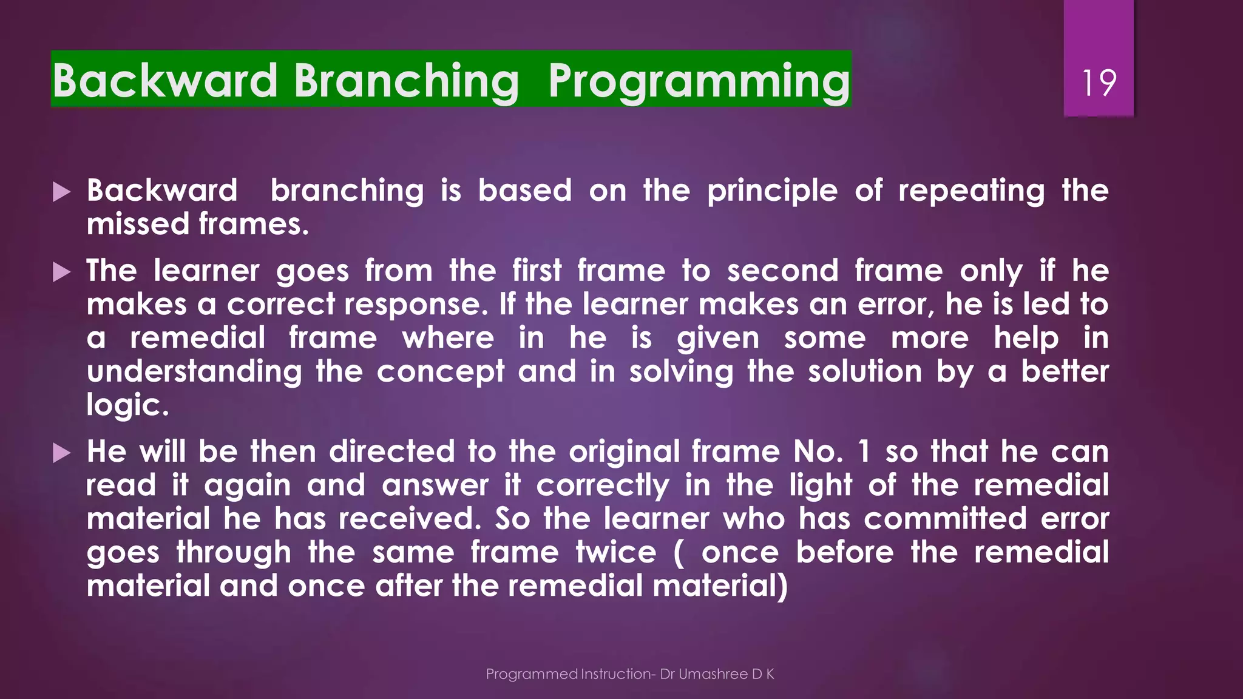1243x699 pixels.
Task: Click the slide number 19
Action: [x=1099, y=83]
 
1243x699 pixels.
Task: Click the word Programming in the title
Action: [x=699, y=81]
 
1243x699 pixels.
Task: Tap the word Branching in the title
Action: [x=406, y=81]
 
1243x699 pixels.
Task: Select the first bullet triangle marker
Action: [x=61, y=192]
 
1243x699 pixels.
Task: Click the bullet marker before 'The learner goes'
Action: [x=61, y=272]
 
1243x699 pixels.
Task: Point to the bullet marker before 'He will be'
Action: [x=61, y=453]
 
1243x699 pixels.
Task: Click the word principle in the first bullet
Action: [x=772, y=191]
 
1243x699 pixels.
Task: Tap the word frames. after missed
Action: [x=254, y=224]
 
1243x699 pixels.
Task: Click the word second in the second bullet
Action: [x=782, y=271]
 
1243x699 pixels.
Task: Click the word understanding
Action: [x=194, y=371]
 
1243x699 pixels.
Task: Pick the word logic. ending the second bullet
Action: [x=127, y=405]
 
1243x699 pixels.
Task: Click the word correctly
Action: [x=603, y=486]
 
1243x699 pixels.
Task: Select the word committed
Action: [x=945, y=519]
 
